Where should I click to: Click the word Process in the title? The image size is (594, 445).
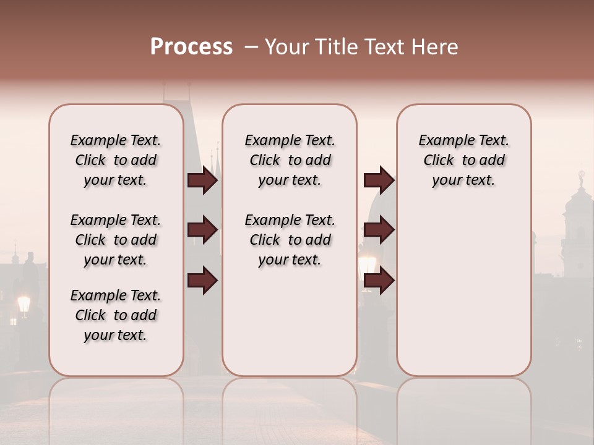[x=191, y=47]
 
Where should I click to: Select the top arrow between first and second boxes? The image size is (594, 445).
[x=202, y=180]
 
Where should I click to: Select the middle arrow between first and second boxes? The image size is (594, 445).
[x=202, y=230]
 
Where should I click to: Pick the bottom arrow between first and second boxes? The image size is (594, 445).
[x=202, y=280]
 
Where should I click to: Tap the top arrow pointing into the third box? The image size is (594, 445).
[x=379, y=180]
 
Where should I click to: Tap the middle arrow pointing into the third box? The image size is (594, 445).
[x=379, y=230]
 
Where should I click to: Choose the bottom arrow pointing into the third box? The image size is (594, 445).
[x=379, y=280]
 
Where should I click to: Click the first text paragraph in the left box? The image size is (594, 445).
[x=116, y=160]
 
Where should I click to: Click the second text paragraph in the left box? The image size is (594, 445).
[x=116, y=240]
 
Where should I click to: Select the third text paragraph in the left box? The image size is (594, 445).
[x=116, y=315]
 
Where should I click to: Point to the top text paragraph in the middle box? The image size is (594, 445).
[x=290, y=160]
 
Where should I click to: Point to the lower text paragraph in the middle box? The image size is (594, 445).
[x=290, y=240]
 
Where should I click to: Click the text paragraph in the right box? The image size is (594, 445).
[x=463, y=160]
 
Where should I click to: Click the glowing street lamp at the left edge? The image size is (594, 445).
[x=24, y=304]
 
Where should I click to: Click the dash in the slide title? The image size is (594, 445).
[x=251, y=47]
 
